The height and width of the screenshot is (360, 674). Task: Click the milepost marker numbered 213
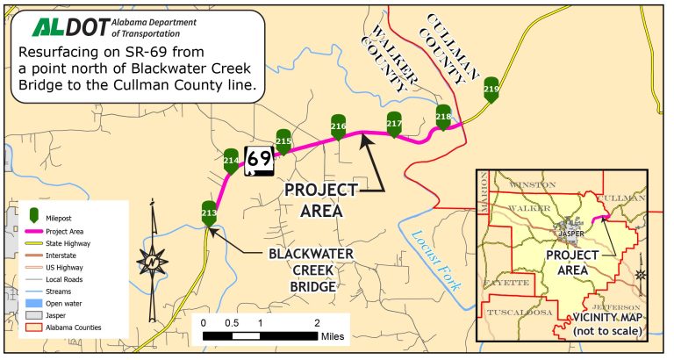click(x=209, y=212)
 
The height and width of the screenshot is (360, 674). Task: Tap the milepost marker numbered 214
click(x=231, y=160)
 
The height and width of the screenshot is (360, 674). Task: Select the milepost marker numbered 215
click(x=283, y=140)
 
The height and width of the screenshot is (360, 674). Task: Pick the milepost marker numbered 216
click(x=338, y=126)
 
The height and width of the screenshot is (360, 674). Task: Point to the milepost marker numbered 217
click(x=394, y=124)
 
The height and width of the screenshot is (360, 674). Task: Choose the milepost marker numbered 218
click(x=443, y=116)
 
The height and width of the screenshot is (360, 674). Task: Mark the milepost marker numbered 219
click(x=491, y=90)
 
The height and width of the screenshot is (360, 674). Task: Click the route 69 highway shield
click(x=259, y=159)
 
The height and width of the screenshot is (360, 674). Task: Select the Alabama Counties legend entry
click(x=75, y=328)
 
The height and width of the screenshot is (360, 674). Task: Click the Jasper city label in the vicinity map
click(x=570, y=234)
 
